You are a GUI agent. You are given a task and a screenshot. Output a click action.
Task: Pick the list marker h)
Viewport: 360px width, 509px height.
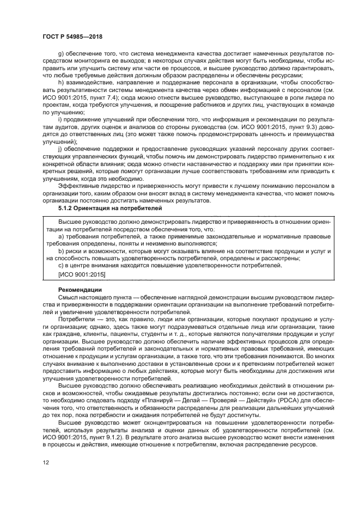tap(60, 81)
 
